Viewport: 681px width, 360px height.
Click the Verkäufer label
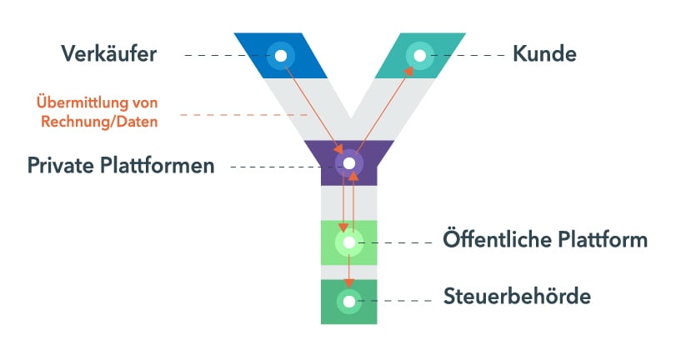tap(108, 54)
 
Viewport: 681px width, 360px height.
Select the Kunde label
tap(544, 54)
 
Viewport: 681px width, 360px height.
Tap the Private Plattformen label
tap(121, 165)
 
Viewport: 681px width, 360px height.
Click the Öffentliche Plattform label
tap(545, 241)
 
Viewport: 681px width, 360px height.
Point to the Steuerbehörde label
tap(517, 296)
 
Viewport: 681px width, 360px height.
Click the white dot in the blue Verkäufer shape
tap(281, 56)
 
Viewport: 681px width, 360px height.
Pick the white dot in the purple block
tap(349, 162)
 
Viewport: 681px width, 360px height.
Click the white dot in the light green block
tap(349, 242)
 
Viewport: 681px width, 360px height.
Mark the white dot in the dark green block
tap(349, 301)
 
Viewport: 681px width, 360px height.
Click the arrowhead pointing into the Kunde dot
tap(409, 72)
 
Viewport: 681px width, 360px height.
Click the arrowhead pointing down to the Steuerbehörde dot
tap(349, 283)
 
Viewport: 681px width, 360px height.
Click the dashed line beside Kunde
tap(471, 56)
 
